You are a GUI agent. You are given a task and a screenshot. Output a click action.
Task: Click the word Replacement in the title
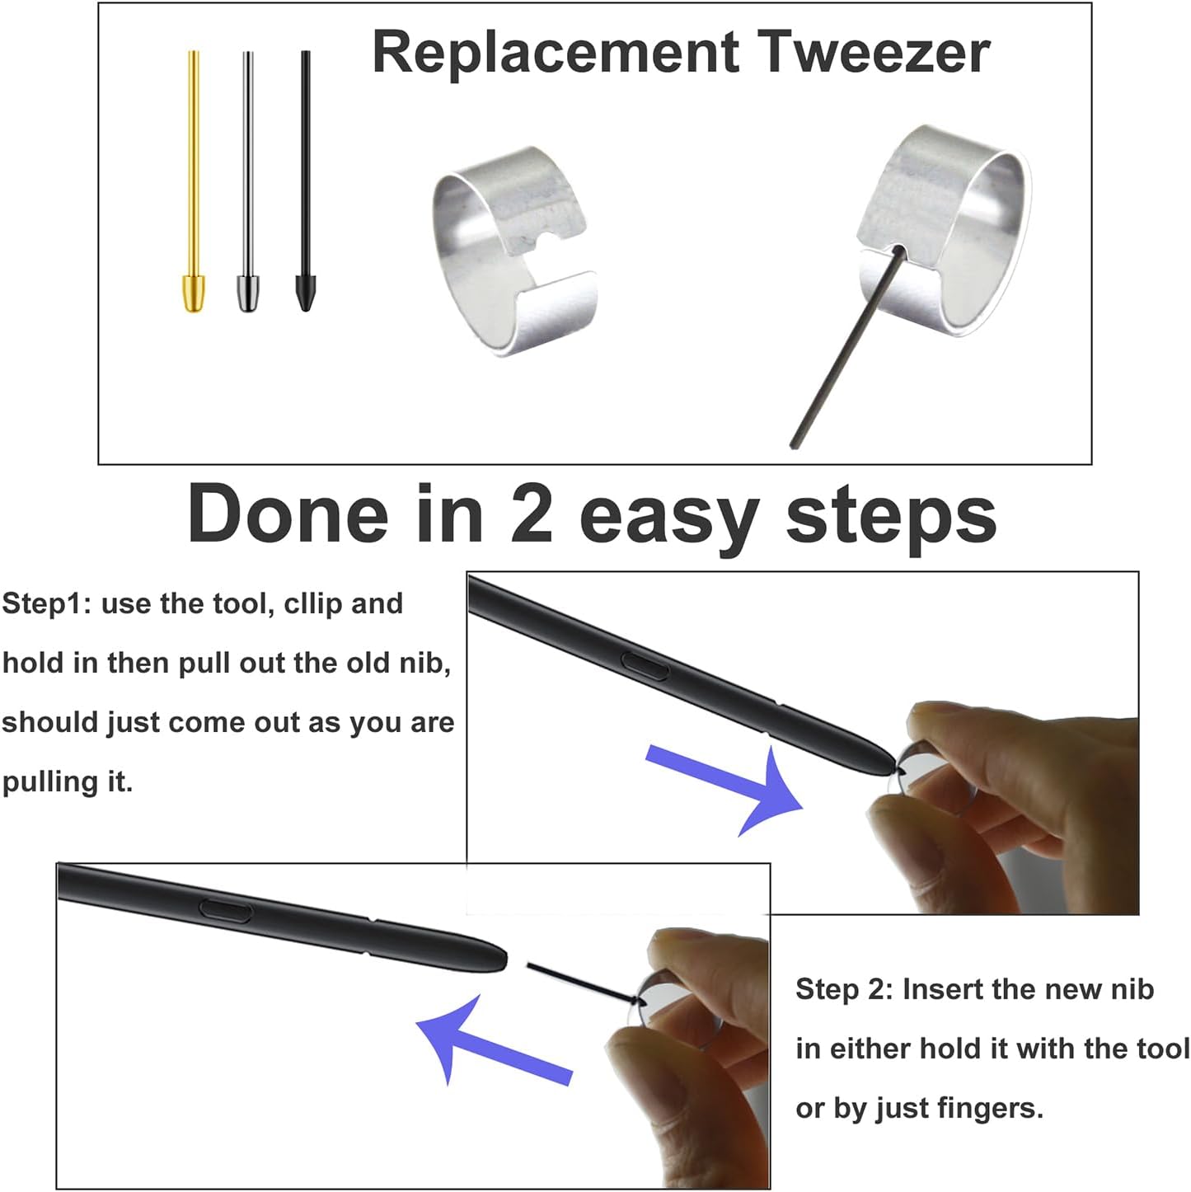[556, 54]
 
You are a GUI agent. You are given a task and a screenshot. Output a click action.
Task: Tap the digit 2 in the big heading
[532, 514]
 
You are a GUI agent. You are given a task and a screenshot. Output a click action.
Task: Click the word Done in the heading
[288, 514]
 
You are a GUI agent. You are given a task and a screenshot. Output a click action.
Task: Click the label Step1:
[47, 604]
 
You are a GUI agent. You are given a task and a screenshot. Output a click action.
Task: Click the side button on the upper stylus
[645, 666]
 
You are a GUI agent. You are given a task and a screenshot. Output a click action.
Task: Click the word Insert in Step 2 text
[942, 990]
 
